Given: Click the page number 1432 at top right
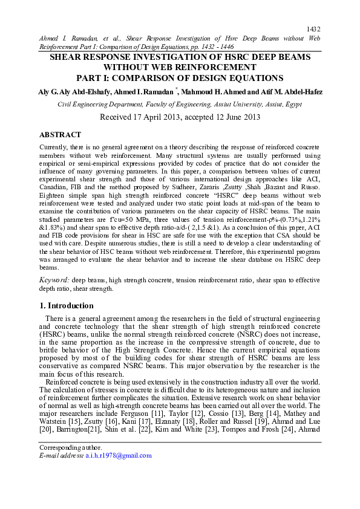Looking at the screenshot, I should click(x=313, y=28).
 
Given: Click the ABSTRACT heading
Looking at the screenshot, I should click(x=60, y=135).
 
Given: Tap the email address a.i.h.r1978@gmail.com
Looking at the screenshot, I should click(x=119, y=456).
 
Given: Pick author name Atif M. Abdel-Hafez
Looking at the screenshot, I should click(x=289, y=91).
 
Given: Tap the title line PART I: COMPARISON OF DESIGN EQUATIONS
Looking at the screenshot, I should click(x=180, y=78).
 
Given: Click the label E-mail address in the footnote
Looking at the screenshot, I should click(x=61, y=456).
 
